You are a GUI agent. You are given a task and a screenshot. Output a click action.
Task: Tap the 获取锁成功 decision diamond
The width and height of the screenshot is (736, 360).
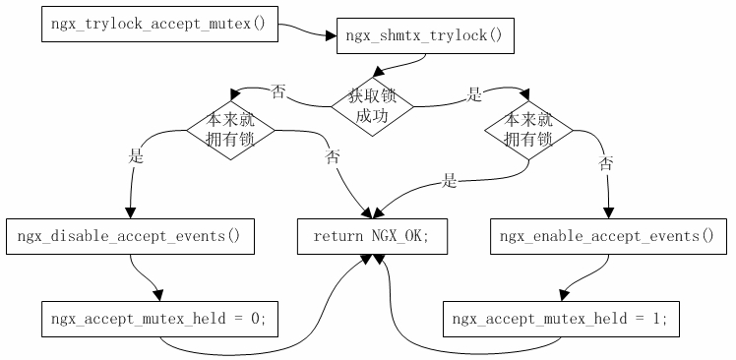372,106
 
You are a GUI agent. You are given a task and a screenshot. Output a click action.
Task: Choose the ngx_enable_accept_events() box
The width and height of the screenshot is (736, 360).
606,237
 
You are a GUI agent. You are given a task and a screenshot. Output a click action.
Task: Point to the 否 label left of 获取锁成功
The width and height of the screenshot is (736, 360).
278,91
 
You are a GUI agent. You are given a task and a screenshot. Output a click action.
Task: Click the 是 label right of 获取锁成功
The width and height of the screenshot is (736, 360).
474,95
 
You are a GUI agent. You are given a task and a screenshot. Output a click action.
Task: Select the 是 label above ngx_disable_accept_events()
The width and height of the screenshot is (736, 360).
136,155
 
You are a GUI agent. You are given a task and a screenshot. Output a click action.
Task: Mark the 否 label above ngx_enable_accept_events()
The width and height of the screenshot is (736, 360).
606,164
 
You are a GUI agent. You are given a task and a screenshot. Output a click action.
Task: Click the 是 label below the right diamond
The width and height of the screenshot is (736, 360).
450,180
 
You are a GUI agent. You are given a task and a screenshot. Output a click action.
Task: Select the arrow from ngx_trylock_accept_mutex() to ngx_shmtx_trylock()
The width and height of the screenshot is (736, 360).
307,31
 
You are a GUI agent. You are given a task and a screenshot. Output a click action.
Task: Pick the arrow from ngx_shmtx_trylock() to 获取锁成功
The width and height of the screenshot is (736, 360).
399,65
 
